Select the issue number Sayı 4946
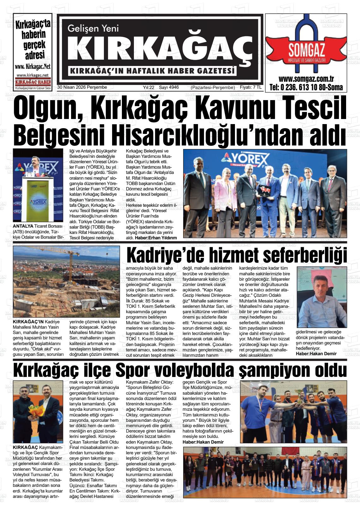[x=169, y=87]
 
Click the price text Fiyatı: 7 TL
[x=251, y=87]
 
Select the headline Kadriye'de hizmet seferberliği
[x=236, y=255]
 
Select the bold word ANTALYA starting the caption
[x=23, y=226]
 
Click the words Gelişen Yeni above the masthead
[x=93, y=28]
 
